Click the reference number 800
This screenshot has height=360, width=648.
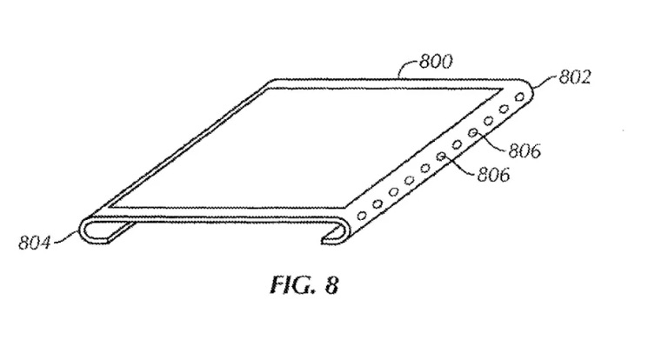(x=436, y=62)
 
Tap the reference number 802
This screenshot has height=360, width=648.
(x=575, y=77)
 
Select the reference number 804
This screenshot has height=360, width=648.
(x=34, y=243)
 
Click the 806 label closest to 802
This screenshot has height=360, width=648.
(x=524, y=151)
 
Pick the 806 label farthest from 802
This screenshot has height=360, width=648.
(x=493, y=175)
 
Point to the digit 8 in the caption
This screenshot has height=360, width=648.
(x=331, y=284)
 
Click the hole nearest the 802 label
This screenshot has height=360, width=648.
(x=520, y=97)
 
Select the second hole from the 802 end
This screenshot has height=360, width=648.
(x=504, y=109)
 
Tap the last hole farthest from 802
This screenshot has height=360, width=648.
(x=361, y=216)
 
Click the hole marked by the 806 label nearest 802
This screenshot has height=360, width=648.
(x=473, y=133)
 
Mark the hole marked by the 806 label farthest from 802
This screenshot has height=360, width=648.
(x=441, y=157)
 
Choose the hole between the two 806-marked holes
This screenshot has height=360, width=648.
(x=457, y=144)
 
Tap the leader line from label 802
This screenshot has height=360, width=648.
(x=544, y=81)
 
